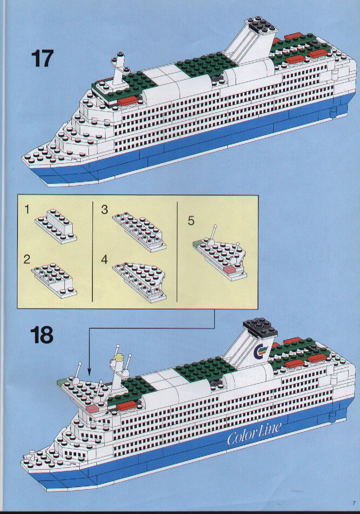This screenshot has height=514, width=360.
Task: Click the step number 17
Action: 42,59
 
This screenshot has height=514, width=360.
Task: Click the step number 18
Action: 42,335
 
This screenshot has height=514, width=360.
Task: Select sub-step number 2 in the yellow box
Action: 27,259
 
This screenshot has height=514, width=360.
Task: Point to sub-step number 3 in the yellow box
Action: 104,209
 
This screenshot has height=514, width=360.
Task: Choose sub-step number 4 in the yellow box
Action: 104,259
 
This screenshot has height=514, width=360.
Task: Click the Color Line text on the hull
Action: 254,433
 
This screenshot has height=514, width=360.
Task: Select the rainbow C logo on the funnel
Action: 261,351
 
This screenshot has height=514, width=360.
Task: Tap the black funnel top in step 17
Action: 263,26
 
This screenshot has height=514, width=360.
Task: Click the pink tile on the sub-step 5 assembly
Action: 229,270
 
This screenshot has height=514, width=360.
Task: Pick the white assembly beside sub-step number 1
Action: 56,226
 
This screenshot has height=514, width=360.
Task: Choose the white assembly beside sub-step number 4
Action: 139,281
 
